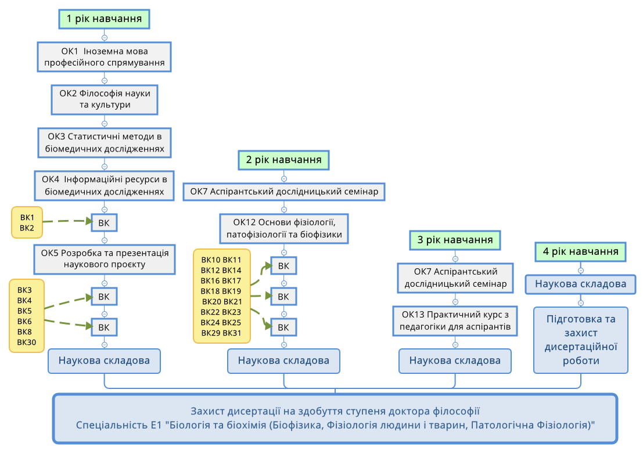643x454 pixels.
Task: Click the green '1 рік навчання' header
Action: [x=105, y=19]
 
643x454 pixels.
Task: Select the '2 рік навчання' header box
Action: [x=283, y=160]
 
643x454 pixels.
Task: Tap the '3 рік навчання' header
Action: [x=455, y=240]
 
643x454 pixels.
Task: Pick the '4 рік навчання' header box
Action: [x=580, y=252]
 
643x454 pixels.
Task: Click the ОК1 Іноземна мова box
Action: [x=105, y=56]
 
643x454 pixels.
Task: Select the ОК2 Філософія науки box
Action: [x=105, y=99]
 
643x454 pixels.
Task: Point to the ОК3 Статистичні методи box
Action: [x=105, y=143]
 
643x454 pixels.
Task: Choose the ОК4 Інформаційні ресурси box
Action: [x=105, y=185]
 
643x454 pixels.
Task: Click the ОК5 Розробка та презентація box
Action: [x=105, y=258]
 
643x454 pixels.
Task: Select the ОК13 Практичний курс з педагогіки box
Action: [x=455, y=321]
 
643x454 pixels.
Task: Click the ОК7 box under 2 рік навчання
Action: [x=283, y=191]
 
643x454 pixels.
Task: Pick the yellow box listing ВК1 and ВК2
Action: [x=27, y=222]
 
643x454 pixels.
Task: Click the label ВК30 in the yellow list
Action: [x=27, y=343]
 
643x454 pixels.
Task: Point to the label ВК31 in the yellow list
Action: [x=232, y=333]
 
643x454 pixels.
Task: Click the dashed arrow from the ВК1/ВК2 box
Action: [x=67, y=221]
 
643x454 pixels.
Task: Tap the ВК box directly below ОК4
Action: [x=105, y=222]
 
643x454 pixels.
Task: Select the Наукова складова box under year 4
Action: [x=580, y=284]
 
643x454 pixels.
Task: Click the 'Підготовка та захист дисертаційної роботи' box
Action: [x=580, y=340]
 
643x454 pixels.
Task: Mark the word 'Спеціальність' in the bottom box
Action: [x=106, y=425]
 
